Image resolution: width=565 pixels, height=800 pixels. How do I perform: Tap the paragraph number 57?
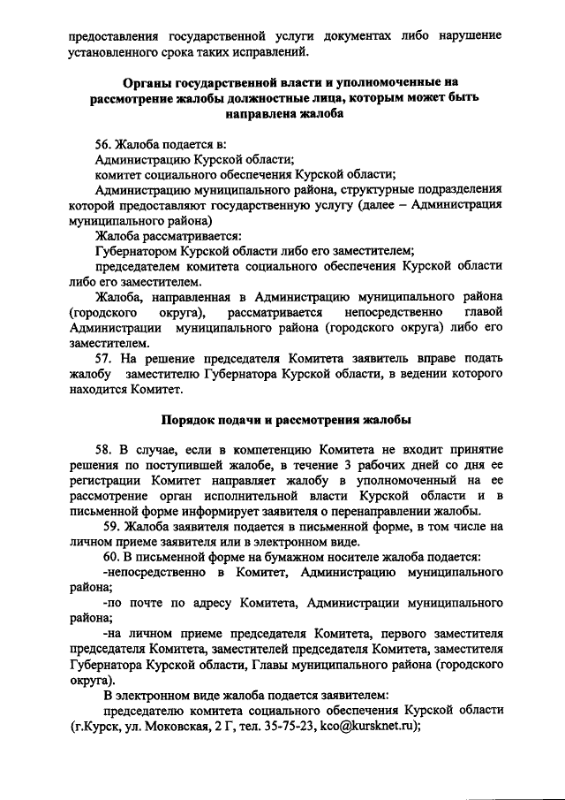(x=104, y=360)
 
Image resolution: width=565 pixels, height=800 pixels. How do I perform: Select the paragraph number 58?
(x=105, y=449)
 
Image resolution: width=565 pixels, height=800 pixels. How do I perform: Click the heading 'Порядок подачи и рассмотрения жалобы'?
(x=283, y=419)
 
